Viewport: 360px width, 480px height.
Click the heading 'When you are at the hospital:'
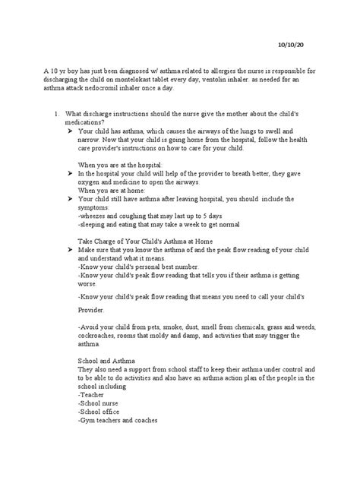pyautogui.click(x=119, y=164)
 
